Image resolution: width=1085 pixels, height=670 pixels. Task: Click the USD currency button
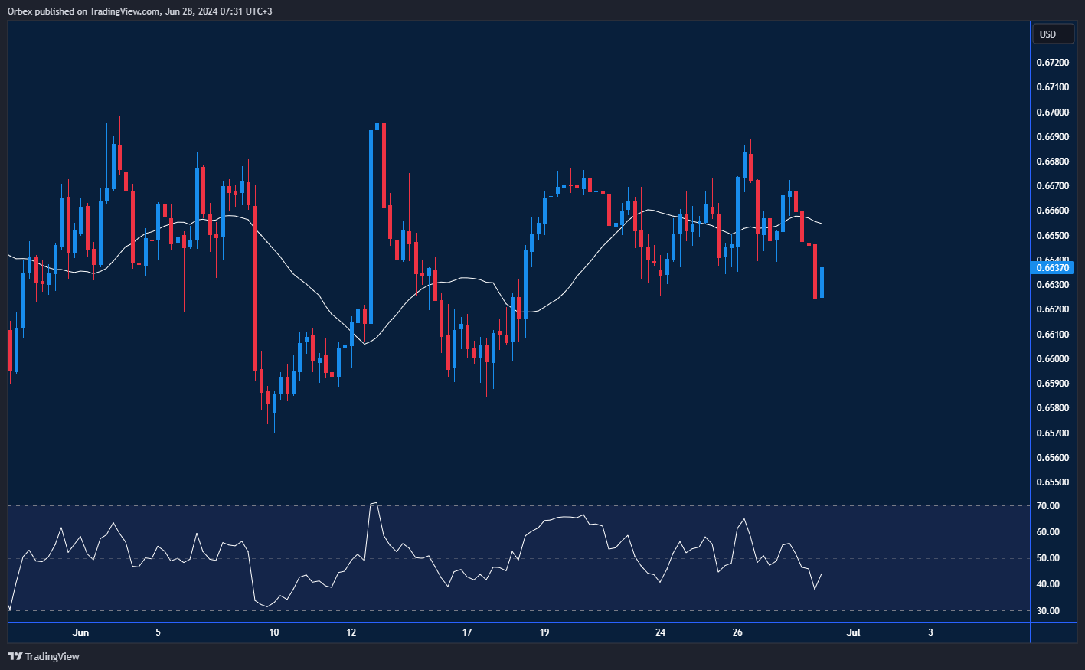click(x=1052, y=34)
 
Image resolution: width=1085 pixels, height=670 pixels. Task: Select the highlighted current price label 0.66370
click(x=1053, y=268)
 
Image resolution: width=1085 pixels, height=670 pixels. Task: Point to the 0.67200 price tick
click(x=1052, y=63)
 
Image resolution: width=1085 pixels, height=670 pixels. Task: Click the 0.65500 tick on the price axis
click(x=1052, y=482)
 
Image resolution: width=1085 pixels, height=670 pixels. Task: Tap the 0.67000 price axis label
click(x=1052, y=113)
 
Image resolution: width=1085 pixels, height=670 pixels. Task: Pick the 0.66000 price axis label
click(x=1052, y=359)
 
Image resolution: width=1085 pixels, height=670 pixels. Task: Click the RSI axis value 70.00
click(x=1048, y=506)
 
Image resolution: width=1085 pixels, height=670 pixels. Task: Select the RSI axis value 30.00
click(x=1048, y=611)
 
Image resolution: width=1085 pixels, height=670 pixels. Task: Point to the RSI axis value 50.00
click(x=1048, y=558)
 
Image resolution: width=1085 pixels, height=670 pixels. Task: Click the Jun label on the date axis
click(x=80, y=632)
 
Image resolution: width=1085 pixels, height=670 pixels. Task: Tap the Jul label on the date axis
click(x=853, y=632)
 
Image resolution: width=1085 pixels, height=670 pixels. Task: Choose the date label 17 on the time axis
click(x=467, y=632)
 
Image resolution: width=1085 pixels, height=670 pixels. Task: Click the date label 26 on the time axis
click(x=737, y=632)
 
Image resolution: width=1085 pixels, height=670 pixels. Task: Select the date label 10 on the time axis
click(x=274, y=632)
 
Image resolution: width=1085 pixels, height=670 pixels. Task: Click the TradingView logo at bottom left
click(x=44, y=656)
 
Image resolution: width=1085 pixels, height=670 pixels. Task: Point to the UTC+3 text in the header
click(x=257, y=11)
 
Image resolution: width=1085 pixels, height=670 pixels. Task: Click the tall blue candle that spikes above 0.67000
click(x=371, y=230)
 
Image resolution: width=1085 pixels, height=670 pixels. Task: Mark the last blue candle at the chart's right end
click(x=822, y=283)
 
